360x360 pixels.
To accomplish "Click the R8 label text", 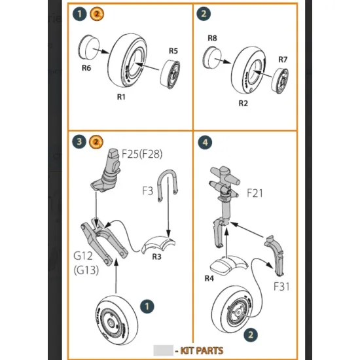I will pos(212,39).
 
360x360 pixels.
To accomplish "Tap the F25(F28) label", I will pos(142,154).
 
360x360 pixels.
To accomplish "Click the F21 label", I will pos(256,194).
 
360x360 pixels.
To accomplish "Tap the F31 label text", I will pos(282,286).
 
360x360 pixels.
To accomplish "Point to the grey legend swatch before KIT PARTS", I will pos(162,351).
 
